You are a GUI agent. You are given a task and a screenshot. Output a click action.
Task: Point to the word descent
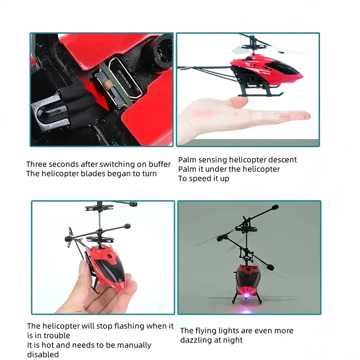point(283,160)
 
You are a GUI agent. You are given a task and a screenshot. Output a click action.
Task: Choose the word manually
point(133,345)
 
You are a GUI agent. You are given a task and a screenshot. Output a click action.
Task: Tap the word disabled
point(43,355)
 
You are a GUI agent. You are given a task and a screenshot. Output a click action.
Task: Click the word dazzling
point(197,340)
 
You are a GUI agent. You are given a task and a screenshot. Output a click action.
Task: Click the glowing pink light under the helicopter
point(247,295)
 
